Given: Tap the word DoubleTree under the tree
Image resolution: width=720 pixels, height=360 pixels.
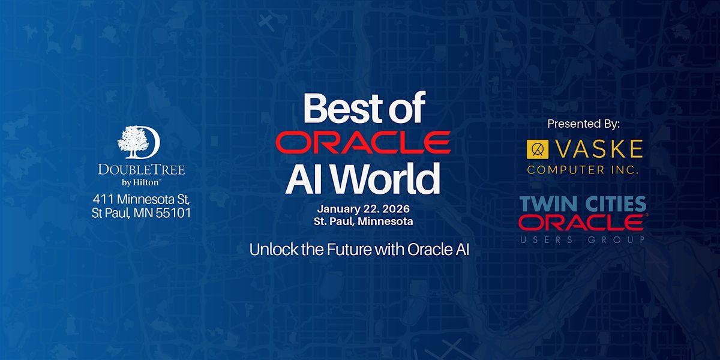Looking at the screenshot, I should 142,170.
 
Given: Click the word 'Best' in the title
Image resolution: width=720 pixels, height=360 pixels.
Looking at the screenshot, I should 335,109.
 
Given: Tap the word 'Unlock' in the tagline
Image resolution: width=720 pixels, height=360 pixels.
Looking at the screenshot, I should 269,250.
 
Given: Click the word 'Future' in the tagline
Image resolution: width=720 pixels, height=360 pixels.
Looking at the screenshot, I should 341,250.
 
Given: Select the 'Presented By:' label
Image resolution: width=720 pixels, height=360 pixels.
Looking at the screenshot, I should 583,123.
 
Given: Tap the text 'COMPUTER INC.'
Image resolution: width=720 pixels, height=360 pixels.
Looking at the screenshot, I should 583,170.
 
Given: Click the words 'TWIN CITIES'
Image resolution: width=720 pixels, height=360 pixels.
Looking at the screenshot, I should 583,203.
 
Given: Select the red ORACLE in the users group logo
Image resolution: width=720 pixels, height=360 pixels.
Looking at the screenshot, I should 581,223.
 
